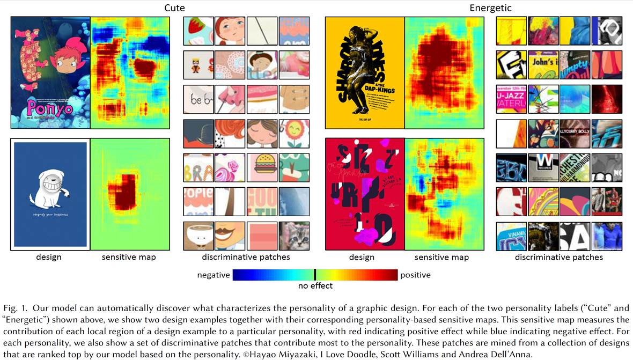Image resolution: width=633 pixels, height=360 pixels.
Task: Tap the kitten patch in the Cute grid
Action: point(294,236)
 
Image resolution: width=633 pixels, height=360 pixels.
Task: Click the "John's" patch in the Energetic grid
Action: point(543,65)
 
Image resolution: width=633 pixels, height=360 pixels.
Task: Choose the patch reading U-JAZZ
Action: point(512,99)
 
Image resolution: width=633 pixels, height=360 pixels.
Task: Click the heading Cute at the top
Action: point(174,8)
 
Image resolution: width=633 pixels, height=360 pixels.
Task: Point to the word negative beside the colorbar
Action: point(214,275)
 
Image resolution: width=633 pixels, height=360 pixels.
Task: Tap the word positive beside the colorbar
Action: point(415,275)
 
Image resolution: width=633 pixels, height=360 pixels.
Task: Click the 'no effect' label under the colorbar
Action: point(315,286)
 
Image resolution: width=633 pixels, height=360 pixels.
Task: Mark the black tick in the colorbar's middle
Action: point(315,275)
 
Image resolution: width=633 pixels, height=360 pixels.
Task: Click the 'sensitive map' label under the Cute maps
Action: point(129,257)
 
